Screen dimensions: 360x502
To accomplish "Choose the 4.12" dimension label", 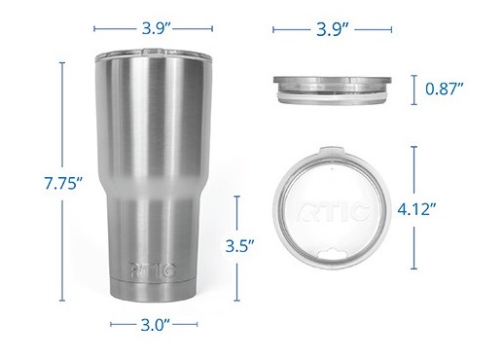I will (x=445, y=207).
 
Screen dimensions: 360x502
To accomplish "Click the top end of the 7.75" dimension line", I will (x=63, y=62).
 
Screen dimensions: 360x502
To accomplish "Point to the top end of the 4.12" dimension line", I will (x=415, y=147).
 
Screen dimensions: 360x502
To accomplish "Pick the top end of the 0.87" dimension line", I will (x=415, y=74).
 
